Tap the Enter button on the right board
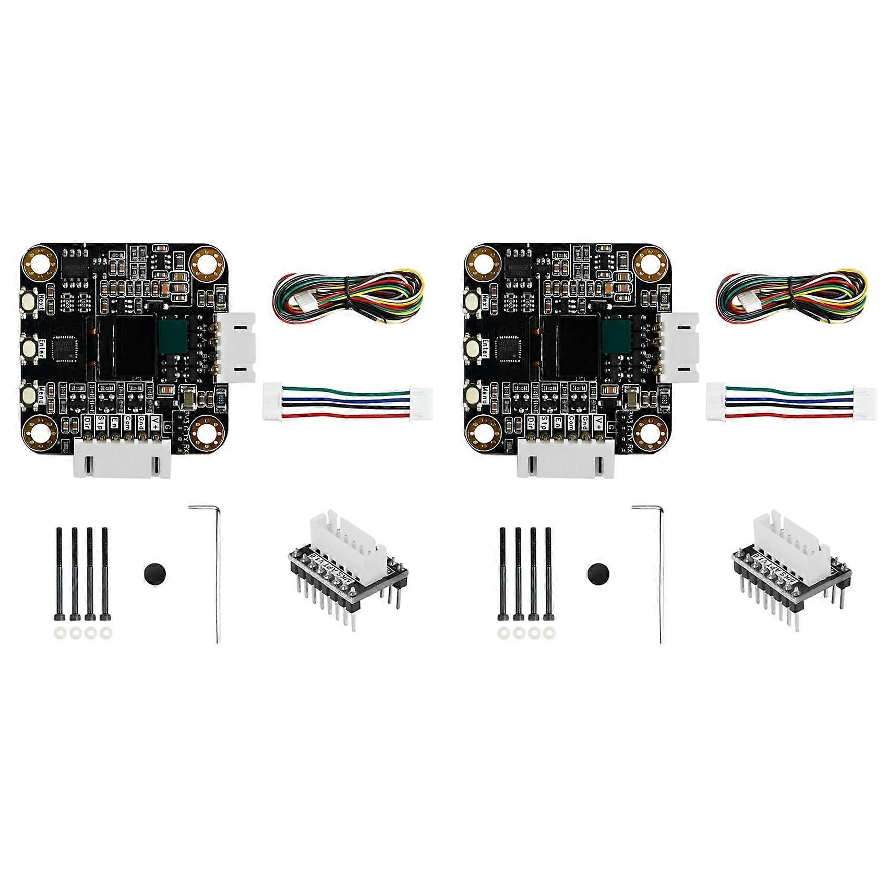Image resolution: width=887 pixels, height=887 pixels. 472,347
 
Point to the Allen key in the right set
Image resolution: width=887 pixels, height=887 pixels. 659,574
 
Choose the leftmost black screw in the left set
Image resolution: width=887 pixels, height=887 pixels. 59,574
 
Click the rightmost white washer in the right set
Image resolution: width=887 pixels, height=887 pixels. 547,633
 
